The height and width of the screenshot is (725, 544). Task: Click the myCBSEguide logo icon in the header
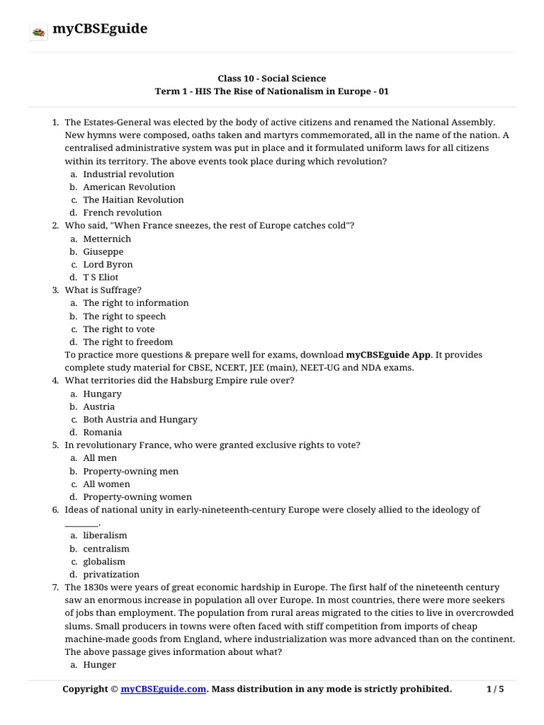[x=38, y=31]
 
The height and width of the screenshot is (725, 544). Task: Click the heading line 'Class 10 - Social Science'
[x=272, y=78]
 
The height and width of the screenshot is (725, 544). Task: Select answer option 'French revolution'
[x=123, y=212]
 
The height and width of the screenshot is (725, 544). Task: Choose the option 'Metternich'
[x=107, y=239]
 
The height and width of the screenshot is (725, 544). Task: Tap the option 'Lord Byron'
[x=108, y=264]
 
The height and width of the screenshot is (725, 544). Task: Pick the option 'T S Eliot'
[x=101, y=277]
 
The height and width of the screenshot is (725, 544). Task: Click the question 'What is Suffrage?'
[x=103, y=290]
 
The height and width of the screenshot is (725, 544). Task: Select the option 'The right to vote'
[x=118, y=329]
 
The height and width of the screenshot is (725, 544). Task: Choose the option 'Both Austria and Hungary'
[x=140, y=419]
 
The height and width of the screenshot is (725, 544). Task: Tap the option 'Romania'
[x=102, y=432]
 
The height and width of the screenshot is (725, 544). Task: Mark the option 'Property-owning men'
[x=130, y=472]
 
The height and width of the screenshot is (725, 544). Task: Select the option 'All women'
[x=106, y=484]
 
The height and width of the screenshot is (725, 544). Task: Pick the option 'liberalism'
[x=105, y=536]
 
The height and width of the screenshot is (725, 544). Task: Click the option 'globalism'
[x=104, y=561]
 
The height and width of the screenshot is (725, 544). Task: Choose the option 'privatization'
[x=111, y=574]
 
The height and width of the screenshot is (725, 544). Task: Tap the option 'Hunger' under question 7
[x=99, y=665]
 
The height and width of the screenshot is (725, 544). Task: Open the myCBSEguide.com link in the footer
[x=164, y=689]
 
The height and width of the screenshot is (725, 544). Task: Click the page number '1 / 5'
[x=496, y=689]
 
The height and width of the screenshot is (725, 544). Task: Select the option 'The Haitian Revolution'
[x=133, y=200]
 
